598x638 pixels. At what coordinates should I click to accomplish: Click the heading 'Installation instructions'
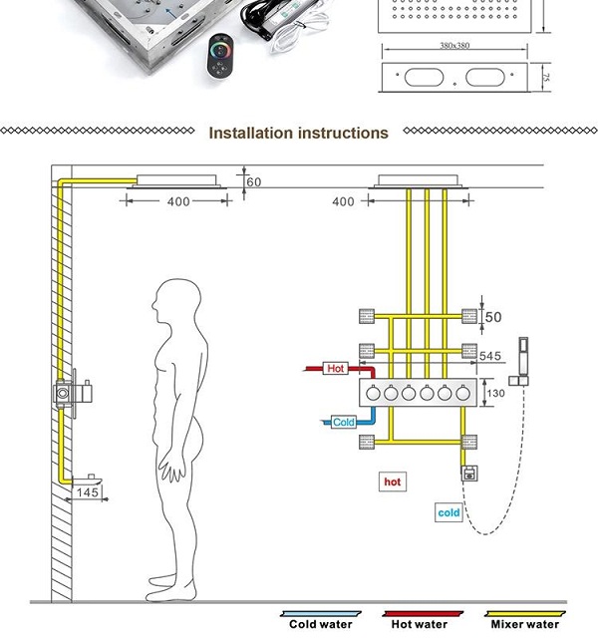click(x=298, y=133)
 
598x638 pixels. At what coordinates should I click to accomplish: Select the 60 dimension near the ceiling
click(x=253, y=182)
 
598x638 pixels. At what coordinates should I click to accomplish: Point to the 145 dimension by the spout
click(x=89, y=492)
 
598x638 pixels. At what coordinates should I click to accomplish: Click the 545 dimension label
click(x=490, y=356)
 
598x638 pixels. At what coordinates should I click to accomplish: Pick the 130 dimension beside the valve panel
click(x=494, y=393)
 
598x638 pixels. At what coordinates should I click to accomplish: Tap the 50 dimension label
click(x=492, y=318)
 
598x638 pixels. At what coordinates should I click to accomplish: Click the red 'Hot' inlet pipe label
click(x=336, y=369)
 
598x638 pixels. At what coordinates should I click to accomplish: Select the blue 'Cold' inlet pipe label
click(x=343, y=422)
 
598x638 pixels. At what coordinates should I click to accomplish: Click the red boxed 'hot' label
click(x=393, y=481)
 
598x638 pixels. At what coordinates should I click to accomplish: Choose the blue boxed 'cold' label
click(x=449, y=512)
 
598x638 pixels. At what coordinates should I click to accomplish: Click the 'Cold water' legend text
click(x=321, y=625)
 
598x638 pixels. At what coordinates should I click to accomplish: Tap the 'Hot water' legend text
click(x=419, y=625)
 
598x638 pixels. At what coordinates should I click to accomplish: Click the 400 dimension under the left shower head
click(x=177, y=202)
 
